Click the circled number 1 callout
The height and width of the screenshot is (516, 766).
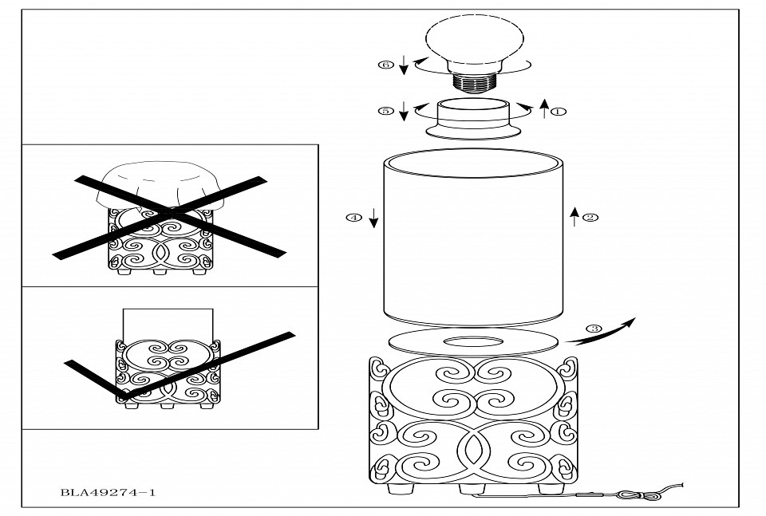coord(559,111)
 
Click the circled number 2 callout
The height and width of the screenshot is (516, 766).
coord(590,217)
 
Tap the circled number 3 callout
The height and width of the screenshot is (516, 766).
coord(593,328)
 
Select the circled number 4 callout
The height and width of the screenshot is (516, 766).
coord(353,217)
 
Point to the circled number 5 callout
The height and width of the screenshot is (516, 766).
coord(386,111)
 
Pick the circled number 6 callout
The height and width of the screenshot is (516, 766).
coord(386,65)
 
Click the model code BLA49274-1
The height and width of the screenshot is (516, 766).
coord(108,492)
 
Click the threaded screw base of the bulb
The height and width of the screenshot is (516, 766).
coord(475,80)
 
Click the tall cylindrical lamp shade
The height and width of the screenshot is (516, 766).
coord(474,239)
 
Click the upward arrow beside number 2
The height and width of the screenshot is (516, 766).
coord(574,216)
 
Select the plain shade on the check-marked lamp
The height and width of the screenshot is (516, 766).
coord(168,322)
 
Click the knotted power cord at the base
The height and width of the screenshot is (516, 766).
coord(638,494)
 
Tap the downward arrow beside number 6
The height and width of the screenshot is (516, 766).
coord(405,65)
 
